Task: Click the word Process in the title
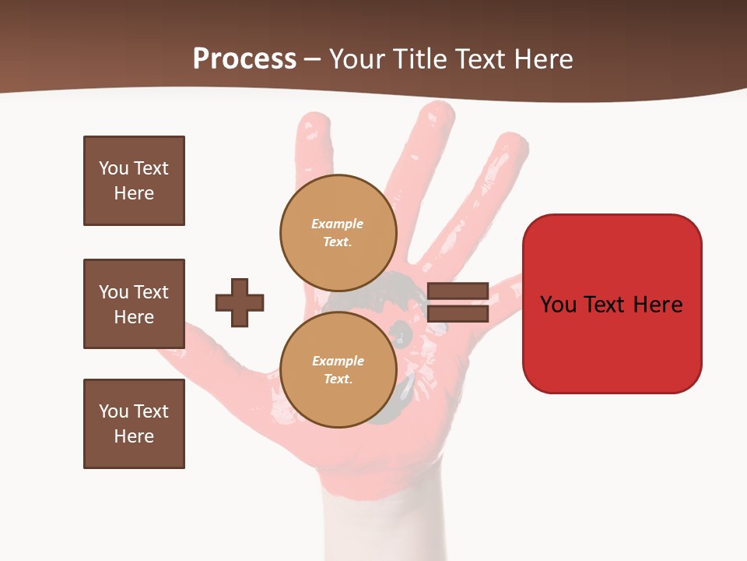[x=244, y=59]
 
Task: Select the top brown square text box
[x=134, y=181]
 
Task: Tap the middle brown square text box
[x=134, y=304]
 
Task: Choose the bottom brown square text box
[x=134, y=424]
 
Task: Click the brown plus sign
[x=240, y=302]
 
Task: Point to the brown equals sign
[x=458, y=302]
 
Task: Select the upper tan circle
[x=338, y=232]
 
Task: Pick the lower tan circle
[x=338, y=369]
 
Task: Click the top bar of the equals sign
[x=458, y=291]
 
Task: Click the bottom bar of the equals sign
[x=458, y=313]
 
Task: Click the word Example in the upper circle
[x=337, y=224]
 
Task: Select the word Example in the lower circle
[x=338, y=362]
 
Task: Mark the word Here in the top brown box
[x=134, y=193]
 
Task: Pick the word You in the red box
[x=559, y=305]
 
